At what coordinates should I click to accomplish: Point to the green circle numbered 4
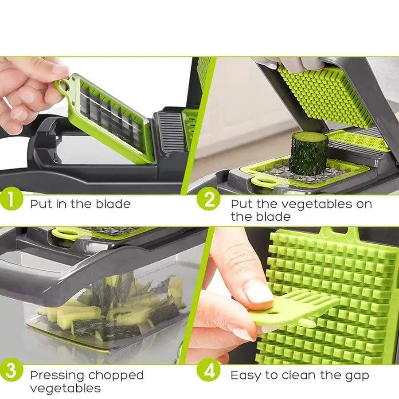(208, 372)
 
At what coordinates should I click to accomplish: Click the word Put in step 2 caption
(241, 204)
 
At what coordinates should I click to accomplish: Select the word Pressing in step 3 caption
(57, 376)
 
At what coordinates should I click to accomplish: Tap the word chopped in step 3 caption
(116, 376)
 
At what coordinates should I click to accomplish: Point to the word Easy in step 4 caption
(246, 376)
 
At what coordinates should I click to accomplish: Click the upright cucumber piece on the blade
(309, 153)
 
